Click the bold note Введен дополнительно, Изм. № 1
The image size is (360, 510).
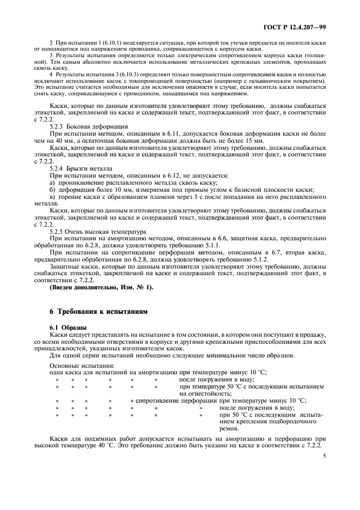point(101,287)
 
